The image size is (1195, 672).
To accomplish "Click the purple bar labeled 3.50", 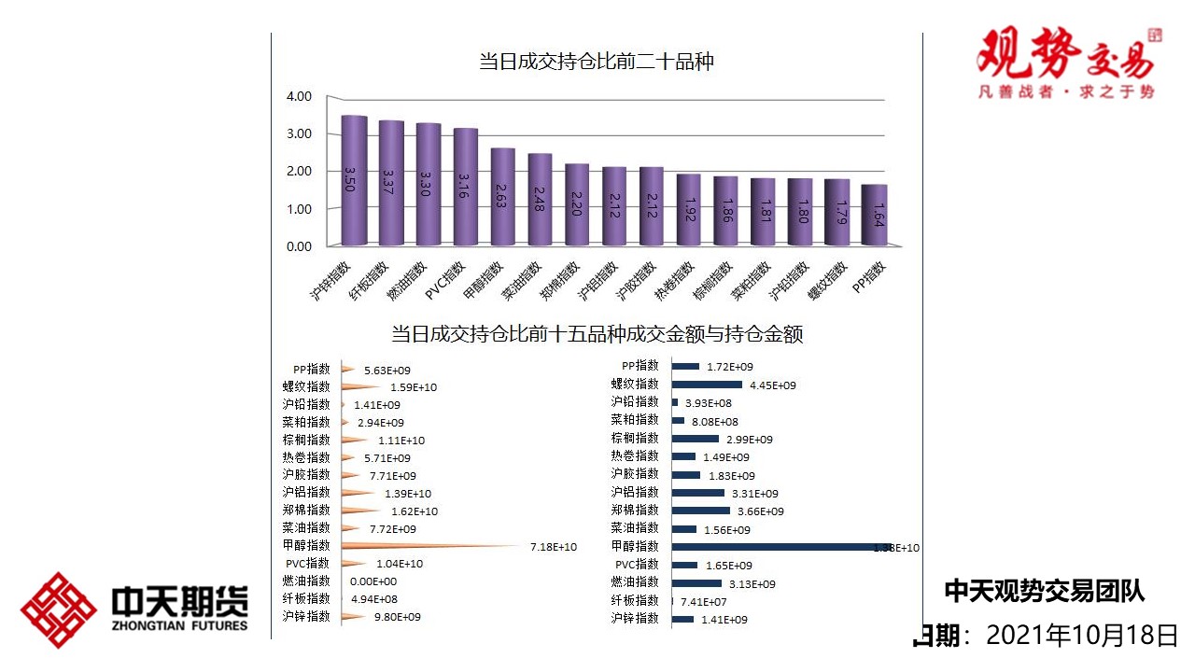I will (x=354, y=181).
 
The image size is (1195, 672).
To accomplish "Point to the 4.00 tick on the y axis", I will (x=299, y=96).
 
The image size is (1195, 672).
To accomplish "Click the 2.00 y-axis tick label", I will (x=299, y=172).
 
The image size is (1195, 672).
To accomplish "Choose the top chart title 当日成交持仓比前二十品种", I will (x=597, y=63).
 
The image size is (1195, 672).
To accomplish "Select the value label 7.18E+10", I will (x=554, y=547).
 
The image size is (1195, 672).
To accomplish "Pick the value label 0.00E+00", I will (x=374, y=581).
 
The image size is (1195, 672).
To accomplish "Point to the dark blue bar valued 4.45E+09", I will (x=707, y=385).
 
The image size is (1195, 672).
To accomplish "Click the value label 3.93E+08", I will (x=709, y=403).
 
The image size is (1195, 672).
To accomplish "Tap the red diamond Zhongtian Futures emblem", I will (x=59, y=610).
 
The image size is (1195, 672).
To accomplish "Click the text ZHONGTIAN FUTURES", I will (x=180, y=625).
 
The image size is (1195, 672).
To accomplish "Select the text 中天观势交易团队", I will (x=1044, y=590).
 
